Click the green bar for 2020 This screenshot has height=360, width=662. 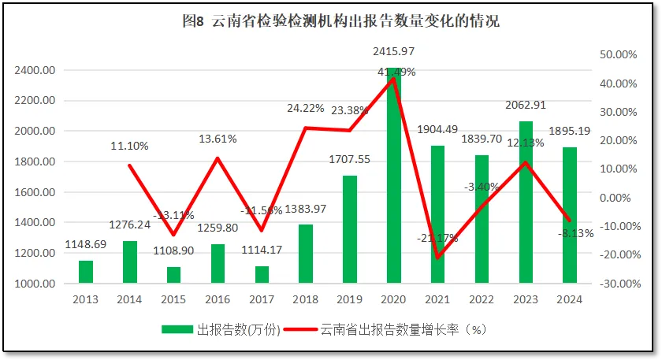393,181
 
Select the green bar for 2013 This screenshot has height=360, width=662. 86,271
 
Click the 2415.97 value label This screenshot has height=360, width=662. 393,52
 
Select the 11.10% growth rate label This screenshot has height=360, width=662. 129,146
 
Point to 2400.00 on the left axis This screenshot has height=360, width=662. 34,71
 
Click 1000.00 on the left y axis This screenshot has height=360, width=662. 34,284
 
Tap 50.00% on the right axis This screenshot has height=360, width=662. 617,54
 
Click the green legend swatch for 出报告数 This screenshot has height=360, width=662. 177,330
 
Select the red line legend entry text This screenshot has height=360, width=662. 404,330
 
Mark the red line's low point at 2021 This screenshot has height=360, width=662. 437,258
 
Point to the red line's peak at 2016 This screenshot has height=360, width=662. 218,158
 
